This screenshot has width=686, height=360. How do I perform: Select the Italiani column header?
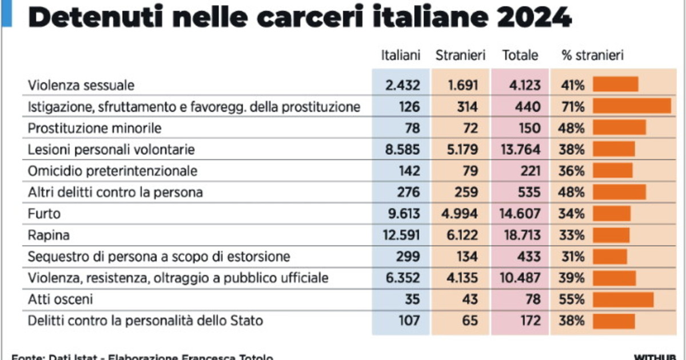(401, 55)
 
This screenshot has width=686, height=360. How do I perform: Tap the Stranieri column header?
(460, 55)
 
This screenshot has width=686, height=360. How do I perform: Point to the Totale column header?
(520, 55)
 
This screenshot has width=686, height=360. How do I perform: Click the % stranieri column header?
(593, 55)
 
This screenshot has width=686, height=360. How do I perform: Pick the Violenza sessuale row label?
(81, 86)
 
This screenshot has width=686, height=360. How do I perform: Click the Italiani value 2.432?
(402, 86)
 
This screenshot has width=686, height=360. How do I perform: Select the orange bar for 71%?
(632, 107)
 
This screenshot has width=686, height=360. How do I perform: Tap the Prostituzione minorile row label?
(95, 128)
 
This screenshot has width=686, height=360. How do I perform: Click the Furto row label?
(44, 214)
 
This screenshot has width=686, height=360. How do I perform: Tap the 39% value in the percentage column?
(572, 278)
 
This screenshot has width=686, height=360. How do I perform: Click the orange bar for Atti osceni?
(623, 299)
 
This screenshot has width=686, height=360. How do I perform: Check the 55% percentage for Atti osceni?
(572, 299)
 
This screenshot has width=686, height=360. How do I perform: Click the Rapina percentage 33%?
(572, 235)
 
